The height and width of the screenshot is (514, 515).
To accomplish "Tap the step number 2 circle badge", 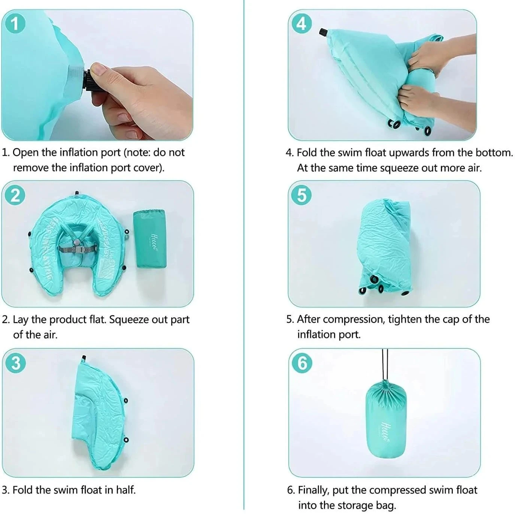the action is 15,195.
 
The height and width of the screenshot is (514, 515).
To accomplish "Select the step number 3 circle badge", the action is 16,363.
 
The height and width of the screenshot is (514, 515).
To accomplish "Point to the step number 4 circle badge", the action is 302,24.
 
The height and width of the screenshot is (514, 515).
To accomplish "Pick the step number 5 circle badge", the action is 302,195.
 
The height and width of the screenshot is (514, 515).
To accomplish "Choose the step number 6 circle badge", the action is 302,363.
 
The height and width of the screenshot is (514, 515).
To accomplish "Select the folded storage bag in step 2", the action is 150,238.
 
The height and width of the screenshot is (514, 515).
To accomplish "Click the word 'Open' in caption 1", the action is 25,153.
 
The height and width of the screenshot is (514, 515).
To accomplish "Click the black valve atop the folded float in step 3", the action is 84,358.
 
